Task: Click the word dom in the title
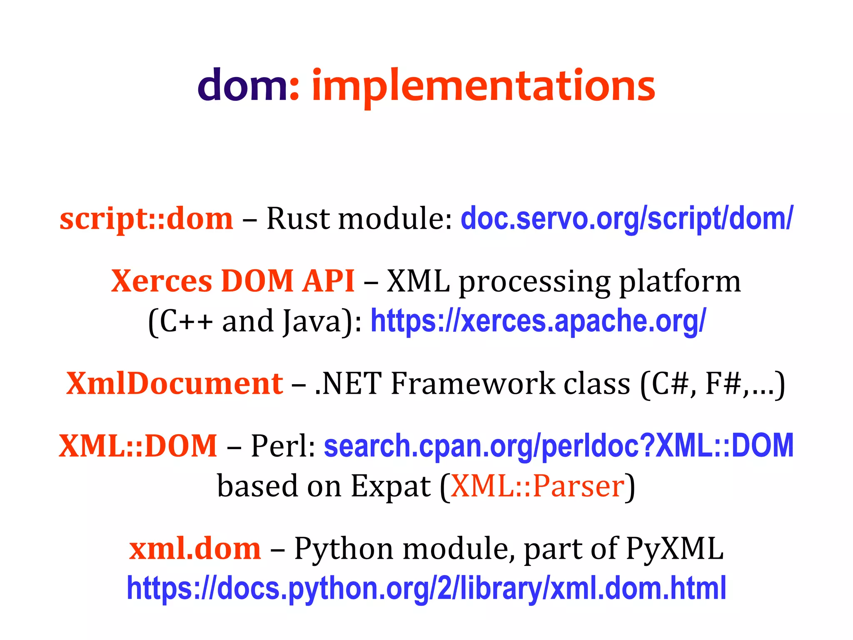pos(242,85)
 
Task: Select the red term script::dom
pos(146,218)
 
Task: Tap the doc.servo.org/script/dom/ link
pos(627,218)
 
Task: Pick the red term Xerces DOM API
pos(233,281)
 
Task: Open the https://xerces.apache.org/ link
pos(538,321)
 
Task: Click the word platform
pos(680,282)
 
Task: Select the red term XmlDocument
pos(175,383)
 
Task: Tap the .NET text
pos(348,383)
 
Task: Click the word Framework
pos(473,383)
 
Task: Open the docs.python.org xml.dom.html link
pos(426,588)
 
